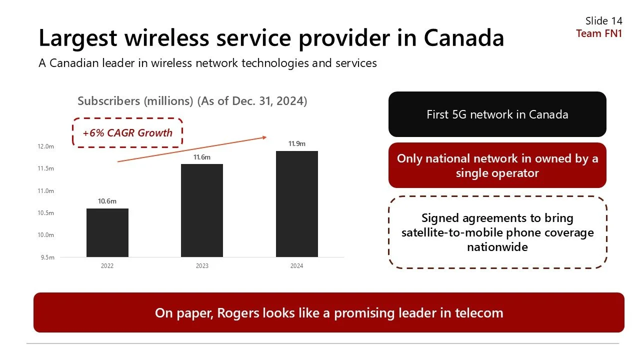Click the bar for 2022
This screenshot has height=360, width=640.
(107, 232)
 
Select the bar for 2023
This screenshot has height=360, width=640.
(202, 210)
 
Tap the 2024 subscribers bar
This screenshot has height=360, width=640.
(296, 204)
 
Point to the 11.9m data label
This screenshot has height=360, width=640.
(296, 144)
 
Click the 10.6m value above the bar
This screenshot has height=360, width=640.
(107, 201)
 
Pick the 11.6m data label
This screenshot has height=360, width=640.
(202, 157)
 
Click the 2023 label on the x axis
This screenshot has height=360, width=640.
(202, 266)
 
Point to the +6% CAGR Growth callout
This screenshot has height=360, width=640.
(127, 132)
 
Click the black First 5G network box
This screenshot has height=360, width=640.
(497, 114)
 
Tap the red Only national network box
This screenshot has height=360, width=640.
(497, 165)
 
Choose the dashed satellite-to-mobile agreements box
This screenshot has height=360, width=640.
(497, 232)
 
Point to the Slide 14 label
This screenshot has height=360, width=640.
(603, 21)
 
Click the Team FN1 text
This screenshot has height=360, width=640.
(599, 33)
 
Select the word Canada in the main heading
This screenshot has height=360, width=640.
(463, 38)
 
